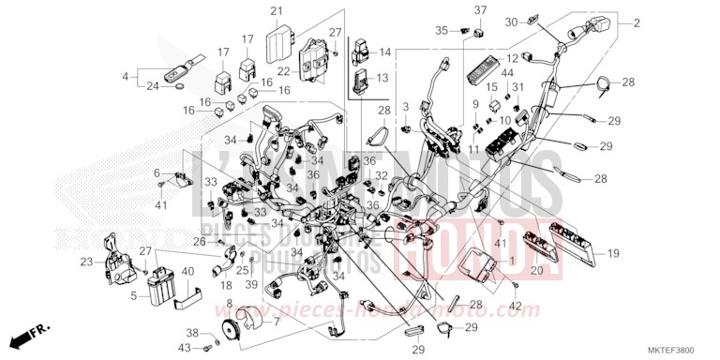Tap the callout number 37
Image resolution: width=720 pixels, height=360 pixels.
point(480,10)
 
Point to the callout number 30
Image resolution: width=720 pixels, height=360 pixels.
point(537,22)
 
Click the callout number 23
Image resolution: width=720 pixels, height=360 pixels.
point(85,262)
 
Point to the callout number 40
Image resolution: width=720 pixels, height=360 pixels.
point(187,273)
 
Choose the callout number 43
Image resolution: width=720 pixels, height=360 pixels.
point(186,349)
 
